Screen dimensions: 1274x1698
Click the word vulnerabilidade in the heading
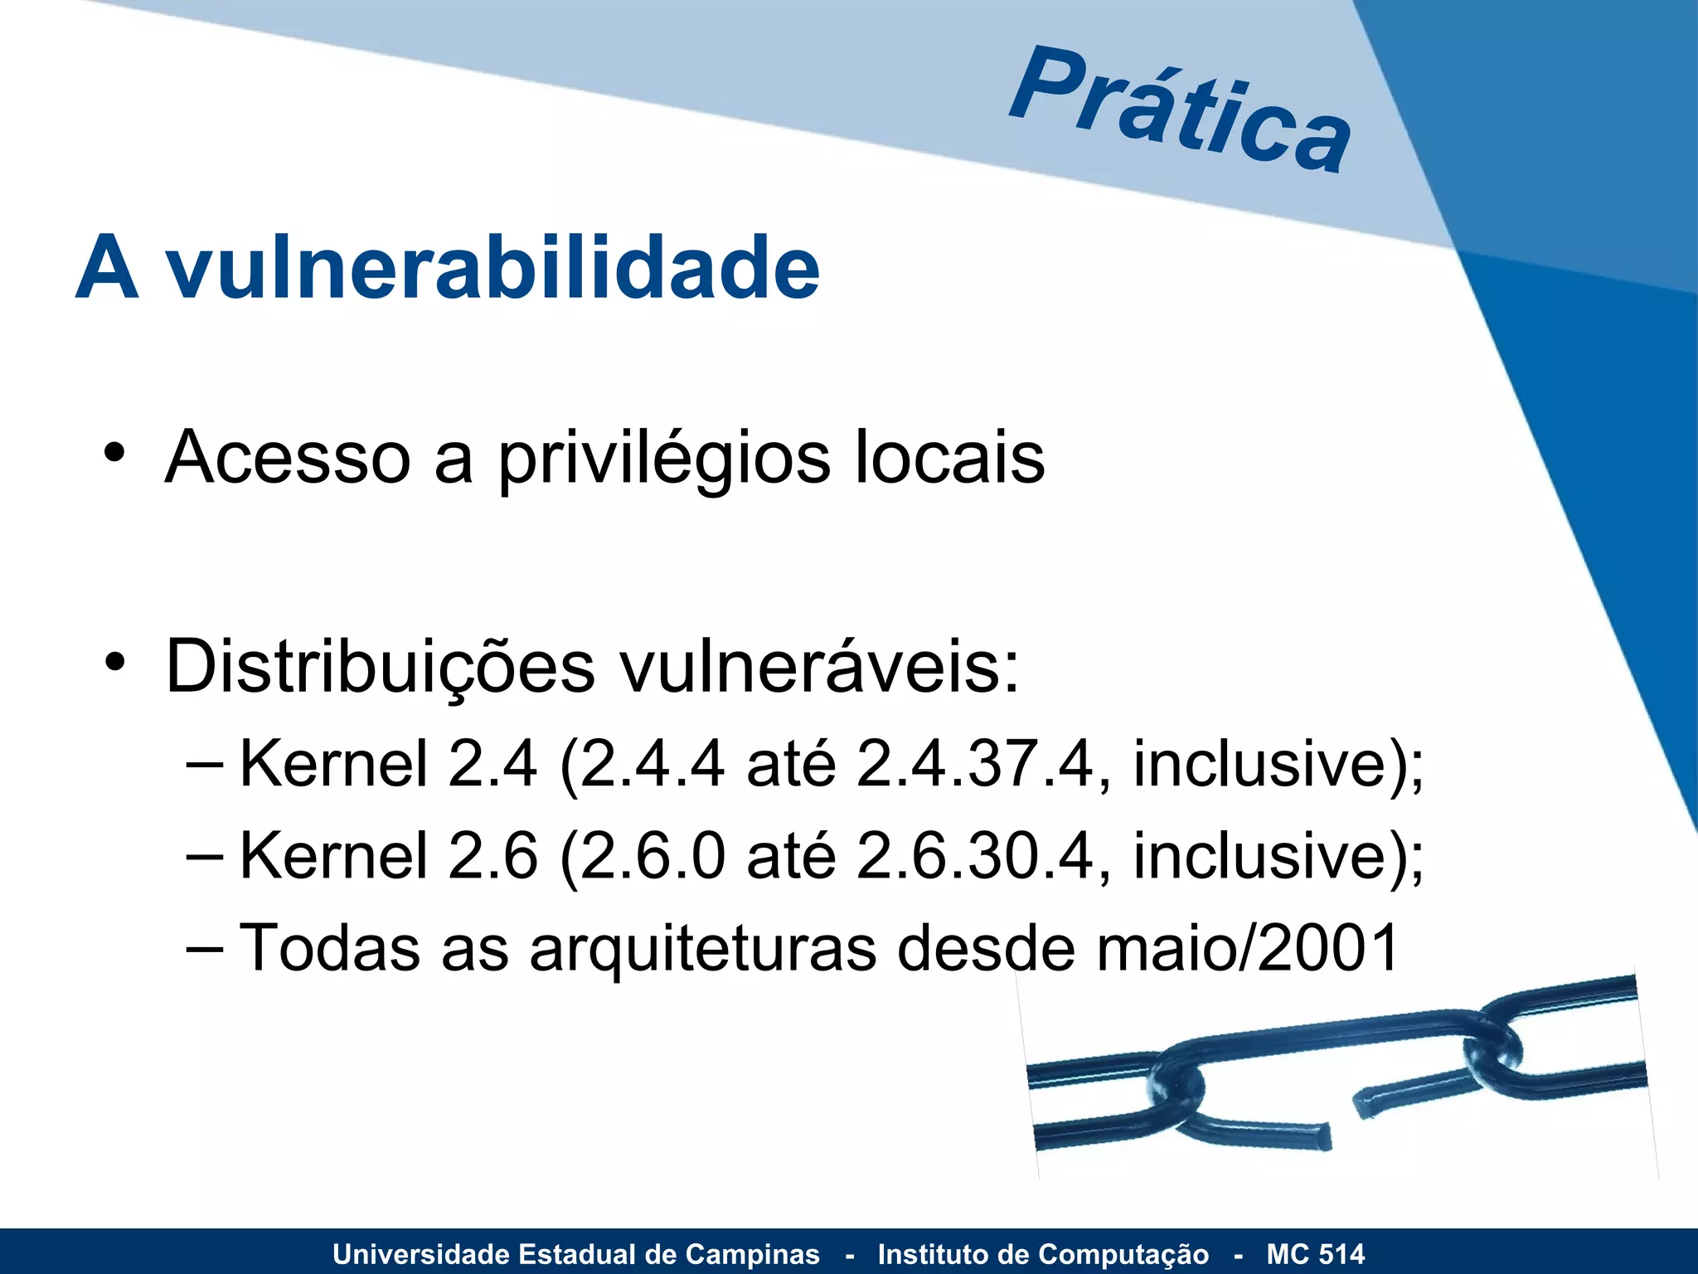click(493, 268)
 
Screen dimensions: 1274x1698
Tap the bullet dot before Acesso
click(114, 454)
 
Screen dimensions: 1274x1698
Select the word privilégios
click(663, 459)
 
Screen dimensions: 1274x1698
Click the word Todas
click(329, 947)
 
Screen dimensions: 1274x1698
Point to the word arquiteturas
click(703, 949)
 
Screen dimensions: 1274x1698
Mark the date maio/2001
click(1248, 947)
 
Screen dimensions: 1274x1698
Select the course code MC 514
click(1315, 1254)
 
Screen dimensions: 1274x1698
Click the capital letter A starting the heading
click(107, 268)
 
